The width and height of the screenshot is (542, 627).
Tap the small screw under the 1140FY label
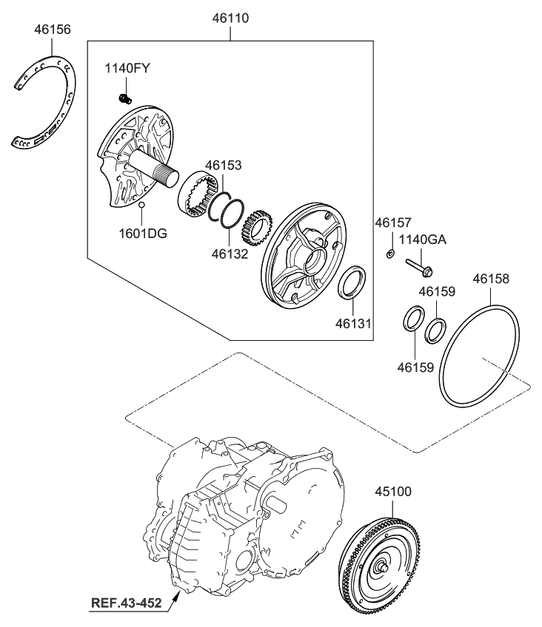click(125, 99)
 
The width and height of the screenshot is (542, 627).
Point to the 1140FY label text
click(127, 68)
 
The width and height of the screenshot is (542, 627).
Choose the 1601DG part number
click(142, 233)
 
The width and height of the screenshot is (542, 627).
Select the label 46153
click(223, 166)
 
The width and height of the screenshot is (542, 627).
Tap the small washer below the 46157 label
click(389, 254)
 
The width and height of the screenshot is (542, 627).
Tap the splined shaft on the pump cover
click(152, 170)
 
